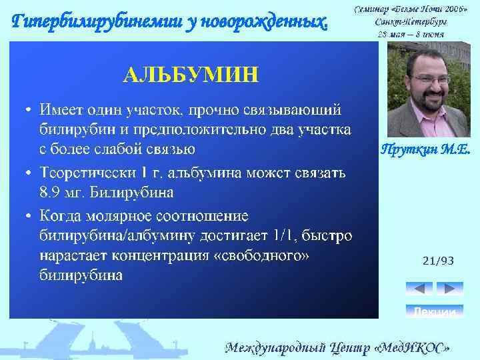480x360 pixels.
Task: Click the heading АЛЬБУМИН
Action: coord(189,74)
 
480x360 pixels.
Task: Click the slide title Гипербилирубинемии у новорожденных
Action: coord(171,22)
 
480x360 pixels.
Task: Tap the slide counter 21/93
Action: coord(438,261)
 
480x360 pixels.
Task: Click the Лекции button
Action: coord(434,311)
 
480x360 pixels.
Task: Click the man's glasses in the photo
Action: coord(432,79)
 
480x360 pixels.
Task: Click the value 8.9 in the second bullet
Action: coord(51,193)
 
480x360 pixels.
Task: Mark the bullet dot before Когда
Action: coord(29,216)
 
